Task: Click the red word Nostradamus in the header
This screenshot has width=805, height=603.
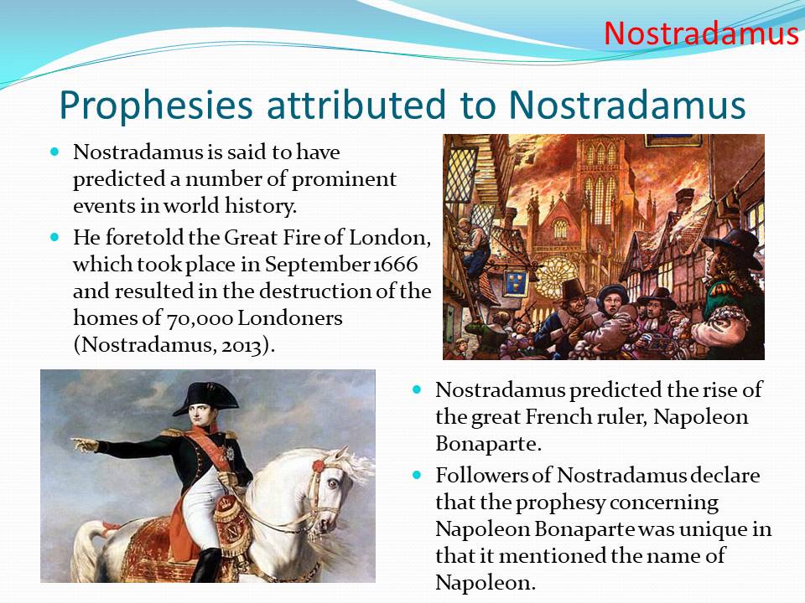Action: point(701,33)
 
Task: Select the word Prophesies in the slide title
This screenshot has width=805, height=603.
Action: point(156,106)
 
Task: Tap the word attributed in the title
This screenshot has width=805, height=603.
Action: point(356,105)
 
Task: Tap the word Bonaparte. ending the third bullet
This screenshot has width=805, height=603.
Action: point(488,444)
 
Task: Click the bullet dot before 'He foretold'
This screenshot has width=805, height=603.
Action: point(55,237)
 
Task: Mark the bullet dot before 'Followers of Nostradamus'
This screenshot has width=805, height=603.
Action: point(417,475)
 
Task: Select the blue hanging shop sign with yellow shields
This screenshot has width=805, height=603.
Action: point(516,282)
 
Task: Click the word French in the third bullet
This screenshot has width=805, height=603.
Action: point(558,416)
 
